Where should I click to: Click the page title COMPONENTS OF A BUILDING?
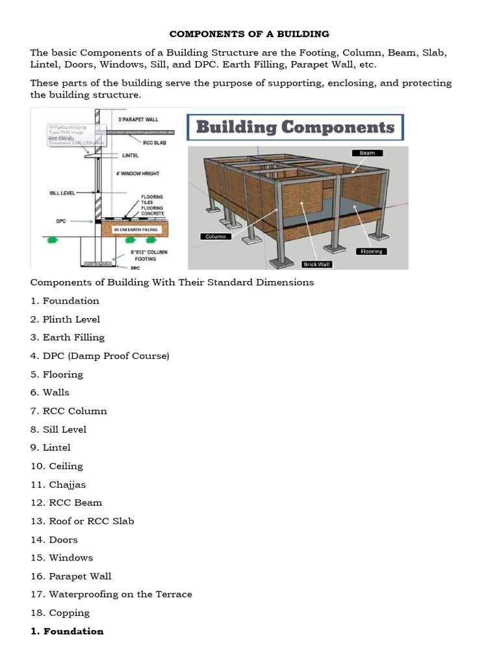(249, 33)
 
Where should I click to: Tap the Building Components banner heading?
(295, 127)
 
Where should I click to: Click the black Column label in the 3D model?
(215, 236)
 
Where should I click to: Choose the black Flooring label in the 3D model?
(372, 251)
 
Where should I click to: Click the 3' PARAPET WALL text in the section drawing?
(138, 120)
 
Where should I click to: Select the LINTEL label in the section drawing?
(131, 155)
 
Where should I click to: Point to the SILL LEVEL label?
(62, 193)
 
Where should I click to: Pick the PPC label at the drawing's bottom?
(134, 267)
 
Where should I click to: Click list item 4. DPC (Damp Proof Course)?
(99, 356)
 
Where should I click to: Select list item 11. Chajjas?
(58, 485)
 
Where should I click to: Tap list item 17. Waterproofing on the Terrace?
(111, 594)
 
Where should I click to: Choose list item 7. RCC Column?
(68, 411)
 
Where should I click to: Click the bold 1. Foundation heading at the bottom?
(67, 631)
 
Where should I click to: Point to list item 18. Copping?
(60, 613)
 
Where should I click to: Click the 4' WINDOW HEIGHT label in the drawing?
(138, 174)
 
